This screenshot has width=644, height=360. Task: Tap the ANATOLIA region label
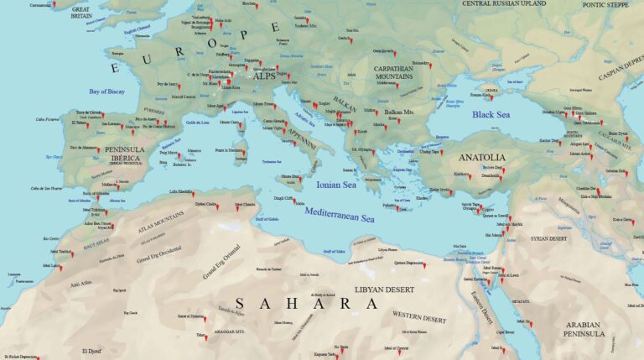pyautogui.click(x=481, y=157)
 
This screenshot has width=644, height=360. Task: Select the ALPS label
pyautogui.click(x=264, y=76)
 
